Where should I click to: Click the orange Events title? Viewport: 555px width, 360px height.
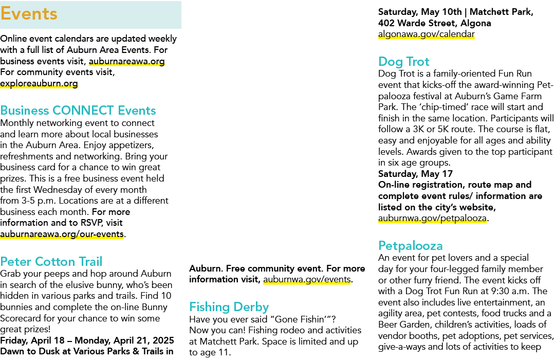tap(29, 14)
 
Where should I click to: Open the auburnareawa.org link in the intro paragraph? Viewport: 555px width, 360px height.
tap(127, 61)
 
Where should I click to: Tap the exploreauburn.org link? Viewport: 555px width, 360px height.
tap(39, 83)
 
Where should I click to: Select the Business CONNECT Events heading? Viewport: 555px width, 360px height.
tap(78, 110)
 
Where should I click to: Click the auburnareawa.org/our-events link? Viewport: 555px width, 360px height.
tap(62, 234)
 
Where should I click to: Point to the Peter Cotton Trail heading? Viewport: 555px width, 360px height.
tap(51, 261)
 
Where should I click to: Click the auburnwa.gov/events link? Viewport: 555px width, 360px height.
tap(307, 279)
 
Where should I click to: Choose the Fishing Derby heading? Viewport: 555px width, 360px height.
tap(229, 307)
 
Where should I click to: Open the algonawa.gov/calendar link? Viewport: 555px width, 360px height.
tap(427, 34)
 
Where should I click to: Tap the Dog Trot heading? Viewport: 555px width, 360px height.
tap(404, 61)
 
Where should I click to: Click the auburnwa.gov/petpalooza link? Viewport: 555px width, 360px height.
tap(433, 218)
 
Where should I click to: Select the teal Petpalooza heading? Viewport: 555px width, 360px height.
tap(411, 245)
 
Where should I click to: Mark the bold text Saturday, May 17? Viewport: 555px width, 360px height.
tap(416, 174)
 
